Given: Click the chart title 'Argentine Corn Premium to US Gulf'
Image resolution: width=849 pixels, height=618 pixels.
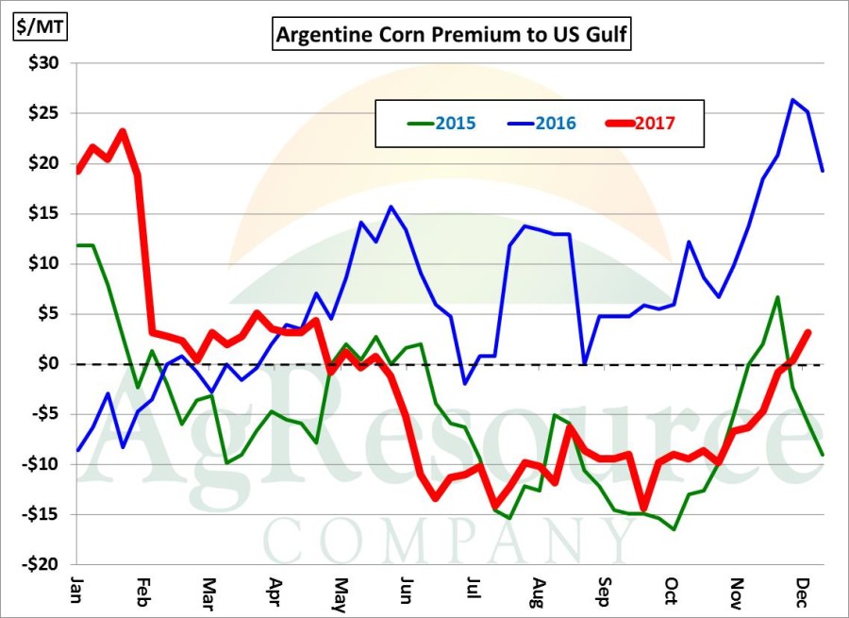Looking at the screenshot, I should coord(452,37).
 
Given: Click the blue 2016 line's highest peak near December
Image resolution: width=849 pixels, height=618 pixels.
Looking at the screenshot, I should coord(793,100).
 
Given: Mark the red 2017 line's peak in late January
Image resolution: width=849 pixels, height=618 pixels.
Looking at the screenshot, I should coord(124,131).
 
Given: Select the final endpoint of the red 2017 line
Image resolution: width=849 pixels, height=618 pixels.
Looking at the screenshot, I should coord(808,332).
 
